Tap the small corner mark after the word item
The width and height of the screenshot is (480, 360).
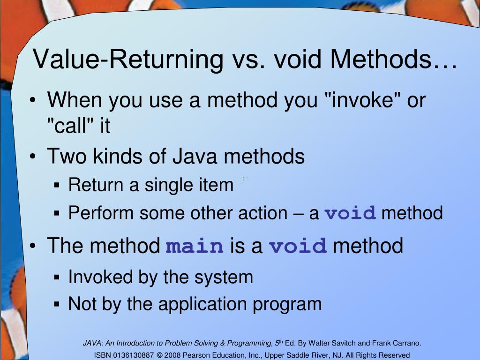tap(245, 179)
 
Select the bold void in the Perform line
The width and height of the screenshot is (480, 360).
tap(351, 213)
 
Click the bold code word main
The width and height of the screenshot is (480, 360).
tap(195, 246)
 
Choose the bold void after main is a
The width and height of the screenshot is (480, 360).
tap(298, 246)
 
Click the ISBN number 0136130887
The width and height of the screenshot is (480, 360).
tap(133, 355)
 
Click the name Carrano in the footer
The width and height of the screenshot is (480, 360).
tap(406, 343)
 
